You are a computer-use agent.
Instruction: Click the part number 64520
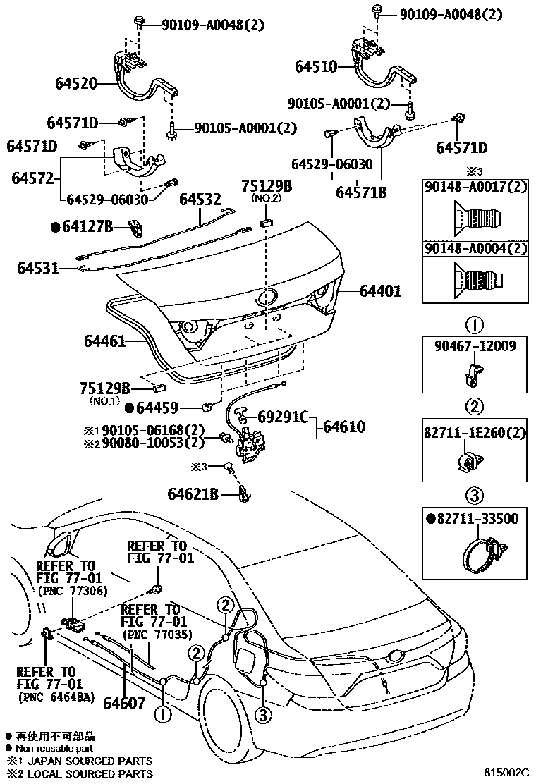77,84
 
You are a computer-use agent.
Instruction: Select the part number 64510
317,67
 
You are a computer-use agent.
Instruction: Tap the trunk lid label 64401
380,290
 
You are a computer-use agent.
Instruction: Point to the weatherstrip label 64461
104,342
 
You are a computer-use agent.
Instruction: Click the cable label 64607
123,703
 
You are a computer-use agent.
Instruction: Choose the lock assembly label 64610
344,427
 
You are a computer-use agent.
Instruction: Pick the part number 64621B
193,494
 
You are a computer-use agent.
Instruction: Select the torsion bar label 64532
200,200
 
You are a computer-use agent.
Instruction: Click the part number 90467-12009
475,345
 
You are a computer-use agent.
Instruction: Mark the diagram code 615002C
506,773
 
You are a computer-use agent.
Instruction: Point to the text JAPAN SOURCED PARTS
92,761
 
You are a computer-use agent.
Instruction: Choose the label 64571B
360,192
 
